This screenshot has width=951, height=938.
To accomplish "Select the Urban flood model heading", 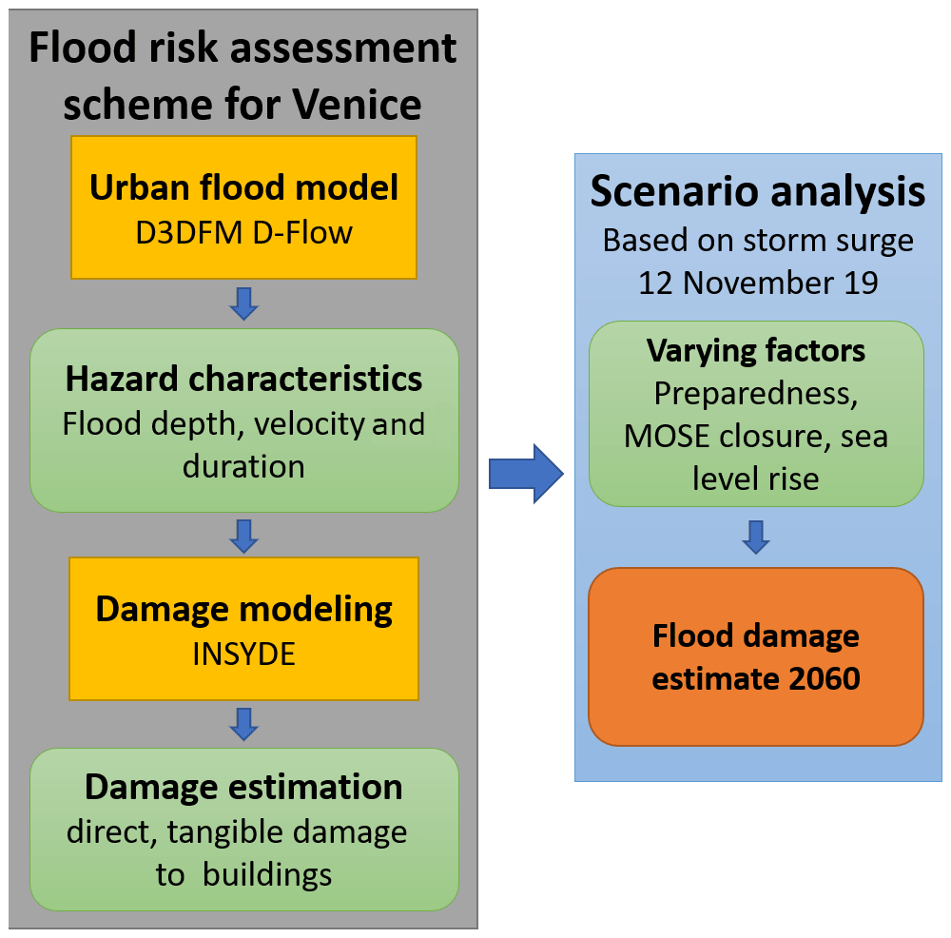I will click(x=243, y=187).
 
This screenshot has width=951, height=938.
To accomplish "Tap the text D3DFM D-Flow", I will click(x=243, y=231).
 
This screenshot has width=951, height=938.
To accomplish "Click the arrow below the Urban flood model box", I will click(x=244, y=303).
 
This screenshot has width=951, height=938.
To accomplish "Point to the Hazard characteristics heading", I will click(x=243, y=379).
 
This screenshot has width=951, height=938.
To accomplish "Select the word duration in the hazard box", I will click(x=243, y=466).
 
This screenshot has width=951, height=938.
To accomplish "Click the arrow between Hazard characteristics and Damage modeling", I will click(x=244, y=536).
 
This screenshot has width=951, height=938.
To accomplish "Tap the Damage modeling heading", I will click(x=243, y=609).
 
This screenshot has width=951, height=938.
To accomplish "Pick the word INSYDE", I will click(x=243, y=654).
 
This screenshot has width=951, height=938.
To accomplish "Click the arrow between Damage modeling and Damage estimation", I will click(x=244, y=723).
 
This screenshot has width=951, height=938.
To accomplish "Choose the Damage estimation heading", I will click(x=243, y=788).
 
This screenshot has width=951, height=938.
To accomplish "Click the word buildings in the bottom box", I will click(x=270, y=874).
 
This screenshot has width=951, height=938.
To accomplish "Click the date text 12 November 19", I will click(x=757, y=283).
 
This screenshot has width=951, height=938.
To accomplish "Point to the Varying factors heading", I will click(x=756, y=351).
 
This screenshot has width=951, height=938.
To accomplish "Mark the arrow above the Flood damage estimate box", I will click(x=756, y=537).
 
